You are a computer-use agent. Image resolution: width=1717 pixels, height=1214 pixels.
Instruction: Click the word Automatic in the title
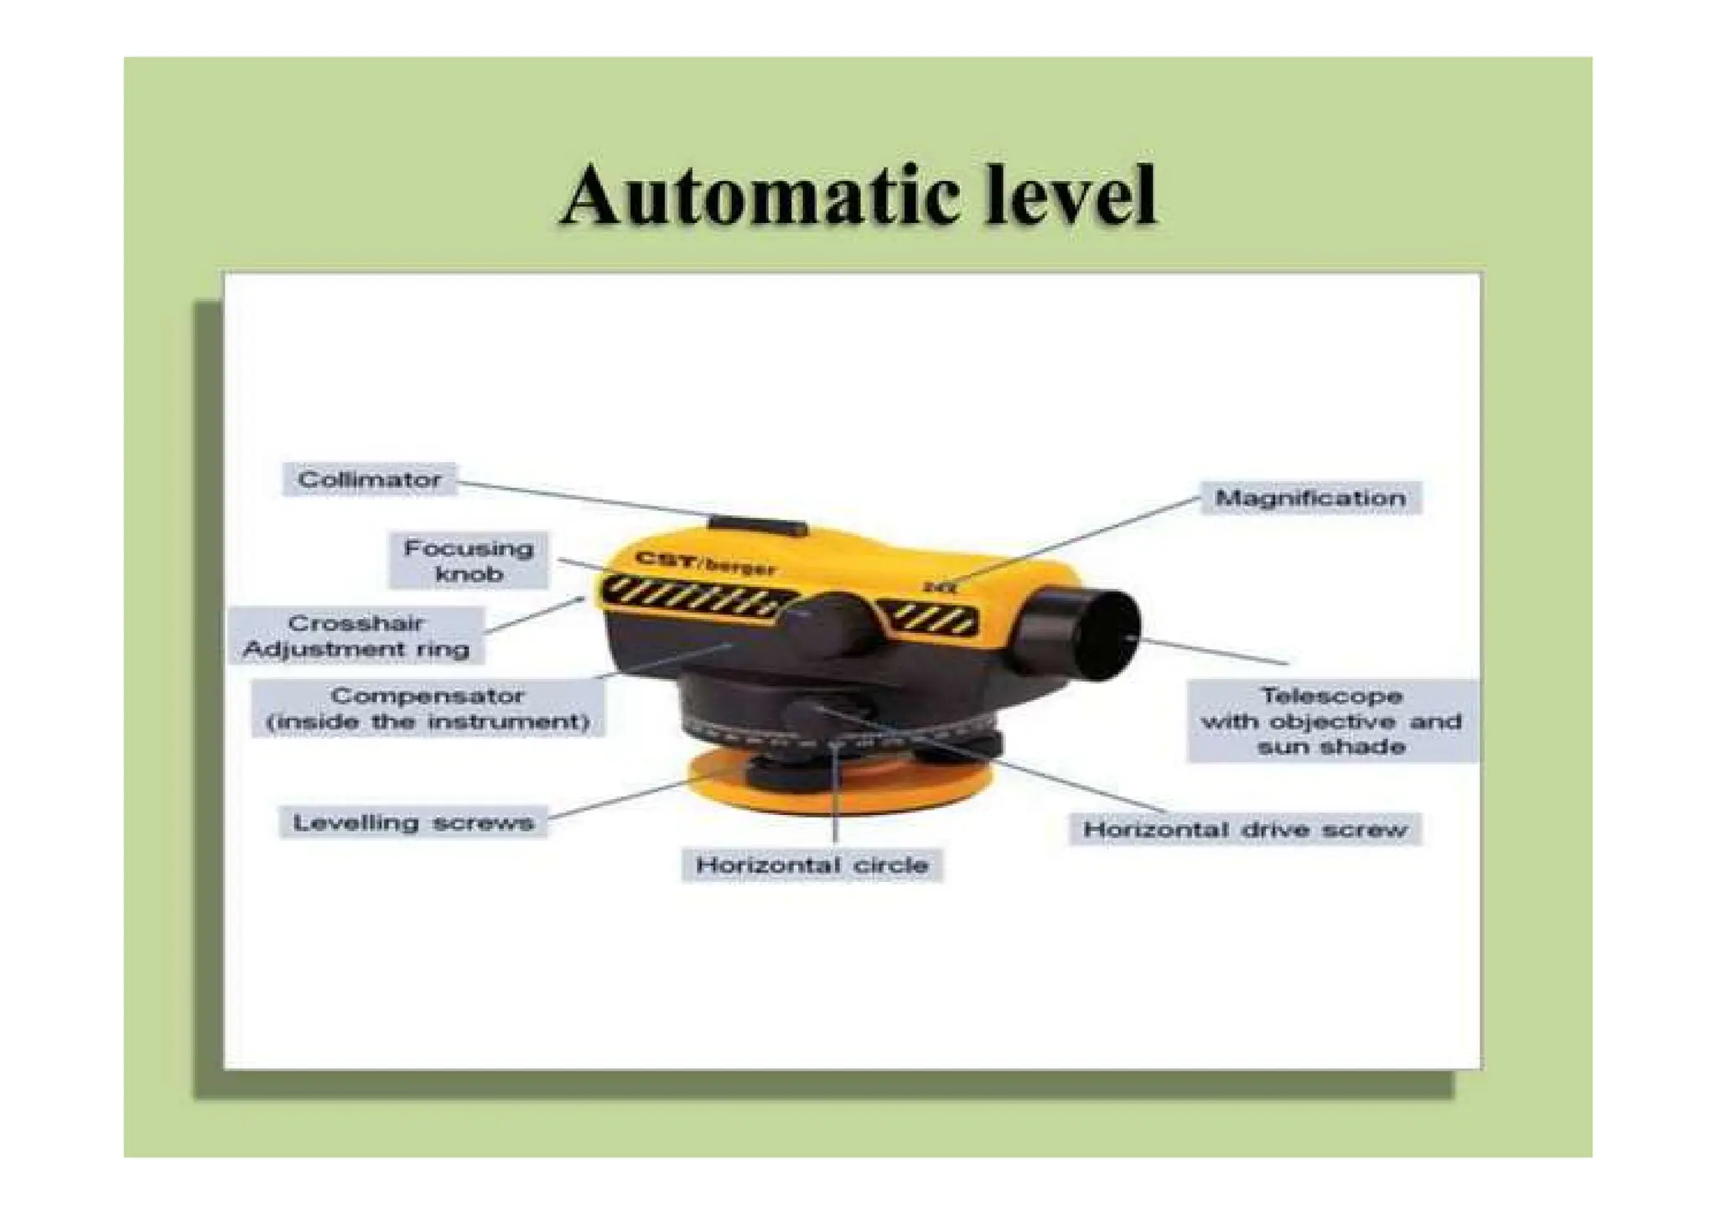click(x=760, y=196)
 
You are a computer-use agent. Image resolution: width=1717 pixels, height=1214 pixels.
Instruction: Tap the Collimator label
click(x=369, y=480)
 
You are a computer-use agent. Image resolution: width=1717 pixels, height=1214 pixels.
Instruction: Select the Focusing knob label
click(x=469, y=561)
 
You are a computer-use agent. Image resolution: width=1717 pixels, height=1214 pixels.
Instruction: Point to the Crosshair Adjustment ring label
click(x=356, y=636)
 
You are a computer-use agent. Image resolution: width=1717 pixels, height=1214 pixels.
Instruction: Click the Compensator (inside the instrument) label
click(x=428, y=708)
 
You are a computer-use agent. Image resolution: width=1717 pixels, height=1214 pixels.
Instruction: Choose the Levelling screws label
click(x=413, y=823)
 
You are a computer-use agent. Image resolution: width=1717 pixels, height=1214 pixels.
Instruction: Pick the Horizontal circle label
click(x=812, y=865)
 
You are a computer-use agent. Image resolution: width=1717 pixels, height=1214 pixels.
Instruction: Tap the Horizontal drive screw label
click(x=1245, y=830)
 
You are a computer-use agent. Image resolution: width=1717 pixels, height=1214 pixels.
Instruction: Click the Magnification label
click(x=1310, y=498)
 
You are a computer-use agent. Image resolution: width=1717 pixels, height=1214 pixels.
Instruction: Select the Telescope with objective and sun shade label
click(x=1331, y=721)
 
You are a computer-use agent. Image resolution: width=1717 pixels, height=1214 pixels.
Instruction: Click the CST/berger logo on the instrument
click(x=705, y=563)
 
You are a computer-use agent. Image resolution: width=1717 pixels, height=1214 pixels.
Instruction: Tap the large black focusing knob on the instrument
click(x=827, y=625)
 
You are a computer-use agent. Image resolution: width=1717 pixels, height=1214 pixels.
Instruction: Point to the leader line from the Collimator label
click(x=587, y=499)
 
